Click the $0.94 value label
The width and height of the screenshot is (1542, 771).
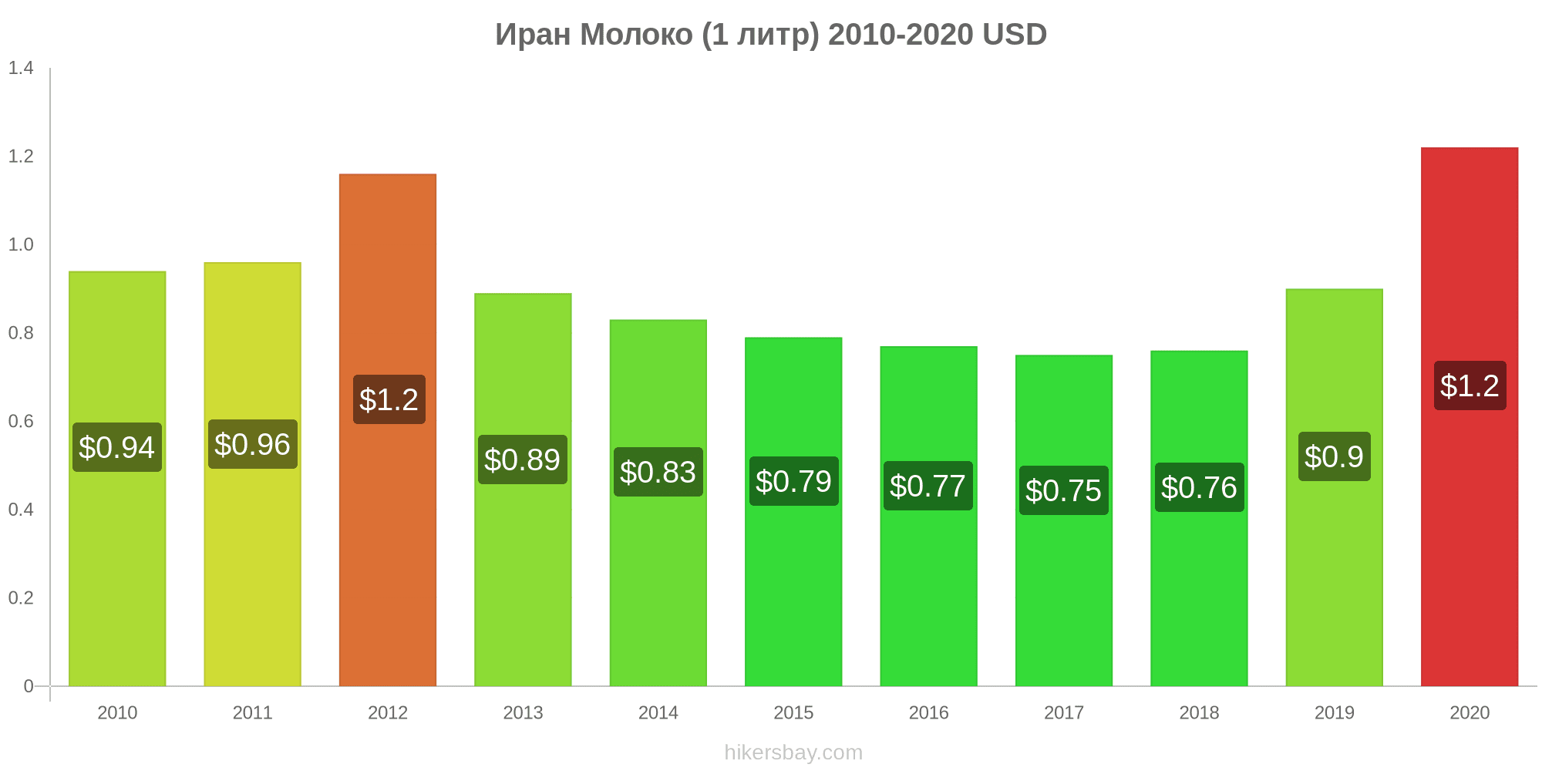pyautogui.click(x=117, y=447)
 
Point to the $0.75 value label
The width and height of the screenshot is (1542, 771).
pyautogui.click(x=1063, y=490)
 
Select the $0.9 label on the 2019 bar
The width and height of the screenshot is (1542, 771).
pyautogui.click(x=1334, y=456)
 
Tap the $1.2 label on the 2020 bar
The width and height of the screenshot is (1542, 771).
pyautogui.click(x=1470, y=385)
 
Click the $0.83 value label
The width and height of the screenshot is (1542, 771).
pyautogui.click(x=658, y=472)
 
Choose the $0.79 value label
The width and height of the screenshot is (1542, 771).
pyautogui.click(x=793, y=481)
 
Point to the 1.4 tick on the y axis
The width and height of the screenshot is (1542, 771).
pyautogui.click(x=21, y=68)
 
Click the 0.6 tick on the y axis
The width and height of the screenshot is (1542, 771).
pyautogui.click(x=21, y=421)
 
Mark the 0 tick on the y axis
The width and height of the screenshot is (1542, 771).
pyautogui.click(x=29, y=686)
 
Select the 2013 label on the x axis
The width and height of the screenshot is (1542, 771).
pyautogui.click(x=523, y=712)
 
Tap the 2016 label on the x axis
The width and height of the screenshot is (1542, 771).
pyautogui.click(x=928, y=712)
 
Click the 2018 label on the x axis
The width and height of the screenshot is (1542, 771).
pyautogui.click(x=1199, y=712)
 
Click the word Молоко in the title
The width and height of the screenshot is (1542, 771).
pyautogui.click(x=636, y=35)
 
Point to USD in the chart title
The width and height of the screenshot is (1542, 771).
pyautogui.click(x=1014, y=35)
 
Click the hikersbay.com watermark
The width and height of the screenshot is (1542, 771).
pyautogui.click(x=793, y=752)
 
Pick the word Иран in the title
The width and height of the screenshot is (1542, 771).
pyautogui.click(x=532, y=35)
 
